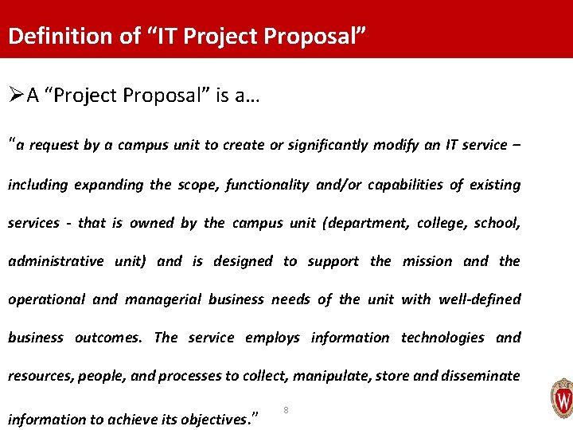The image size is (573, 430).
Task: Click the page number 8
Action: click(x=286, y=410)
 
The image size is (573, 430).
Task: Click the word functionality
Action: click(x=267, y=185)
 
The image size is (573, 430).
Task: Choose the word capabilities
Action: click(x=392, y=185)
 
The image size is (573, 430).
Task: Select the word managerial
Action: click(x=162, y=299)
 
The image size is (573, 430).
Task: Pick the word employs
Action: click(x=272, y=338)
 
